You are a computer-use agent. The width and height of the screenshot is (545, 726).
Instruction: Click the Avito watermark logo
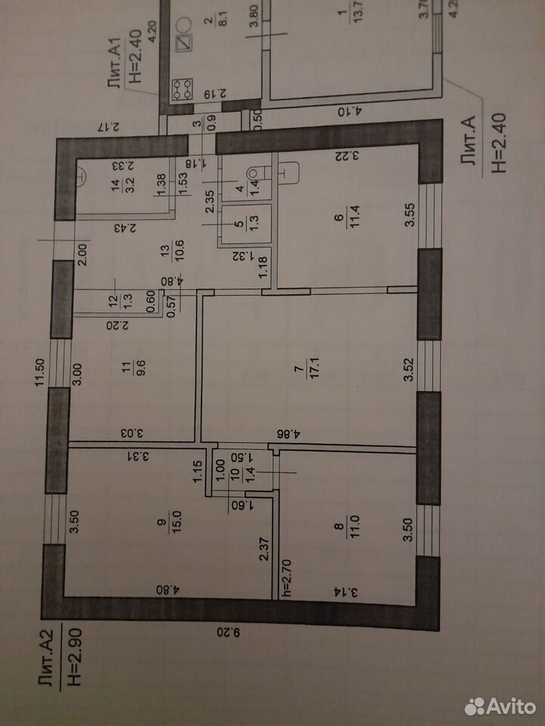500,706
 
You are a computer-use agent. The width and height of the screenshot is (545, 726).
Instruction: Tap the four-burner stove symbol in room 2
182,89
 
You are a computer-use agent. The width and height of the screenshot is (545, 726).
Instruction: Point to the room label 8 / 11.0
348,526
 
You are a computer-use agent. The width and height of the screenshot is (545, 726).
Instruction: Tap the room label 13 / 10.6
173,251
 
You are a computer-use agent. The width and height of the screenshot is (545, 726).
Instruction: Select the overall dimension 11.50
39,372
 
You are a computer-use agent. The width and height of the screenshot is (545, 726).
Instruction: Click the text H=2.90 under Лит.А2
75,656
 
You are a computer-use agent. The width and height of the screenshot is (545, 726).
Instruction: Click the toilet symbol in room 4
257,173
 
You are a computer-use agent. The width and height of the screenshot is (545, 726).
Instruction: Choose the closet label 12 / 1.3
121,302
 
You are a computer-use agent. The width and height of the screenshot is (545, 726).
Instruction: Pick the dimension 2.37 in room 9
263,549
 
